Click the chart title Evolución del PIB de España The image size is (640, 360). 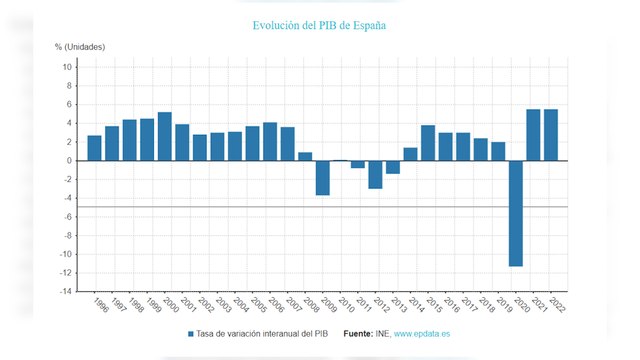tap(320, 24)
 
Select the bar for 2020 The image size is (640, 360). tap(516, 213)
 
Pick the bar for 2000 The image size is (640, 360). tap(165, 136)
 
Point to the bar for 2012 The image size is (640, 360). tap(375, 174)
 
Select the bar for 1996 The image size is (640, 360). tap(94, 148)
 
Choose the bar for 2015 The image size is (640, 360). tap(428, 143)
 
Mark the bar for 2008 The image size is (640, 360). tap(305, 156)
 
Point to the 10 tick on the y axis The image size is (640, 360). tap(66, 67)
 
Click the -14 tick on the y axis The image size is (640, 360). tap(64, 291)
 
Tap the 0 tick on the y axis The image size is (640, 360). tap(68, 161)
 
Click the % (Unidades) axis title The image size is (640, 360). tap(79, 47)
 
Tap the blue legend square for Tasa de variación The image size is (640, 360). tap(191, 334)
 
